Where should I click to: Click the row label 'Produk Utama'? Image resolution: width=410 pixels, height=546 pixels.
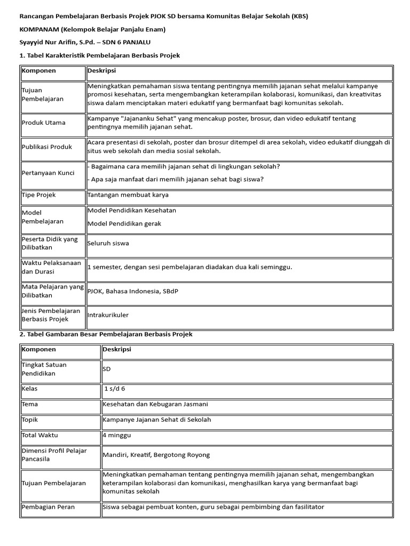coord(44,123)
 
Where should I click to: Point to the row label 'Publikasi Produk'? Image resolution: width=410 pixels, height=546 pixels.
coord(47,147)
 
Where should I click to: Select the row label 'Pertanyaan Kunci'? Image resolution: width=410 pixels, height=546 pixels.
coord(48,173)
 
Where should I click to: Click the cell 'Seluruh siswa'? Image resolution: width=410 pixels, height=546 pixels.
coord(108,243)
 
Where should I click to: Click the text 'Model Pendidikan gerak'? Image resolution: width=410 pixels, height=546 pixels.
coord(124,223)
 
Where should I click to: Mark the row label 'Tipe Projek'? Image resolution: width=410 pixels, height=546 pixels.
coord(38,195)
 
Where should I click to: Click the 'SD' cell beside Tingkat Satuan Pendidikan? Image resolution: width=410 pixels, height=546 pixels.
coord(107,369)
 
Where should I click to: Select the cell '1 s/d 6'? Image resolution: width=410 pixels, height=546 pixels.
coord(114,389)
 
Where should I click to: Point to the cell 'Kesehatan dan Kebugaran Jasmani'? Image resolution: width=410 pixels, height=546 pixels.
coord(155,404)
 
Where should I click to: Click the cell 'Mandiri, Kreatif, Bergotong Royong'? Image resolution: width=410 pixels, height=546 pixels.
coord(156,455)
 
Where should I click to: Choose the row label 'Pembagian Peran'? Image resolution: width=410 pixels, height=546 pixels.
coord(48,507)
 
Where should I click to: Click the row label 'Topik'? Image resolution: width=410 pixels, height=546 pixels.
coord(30,420)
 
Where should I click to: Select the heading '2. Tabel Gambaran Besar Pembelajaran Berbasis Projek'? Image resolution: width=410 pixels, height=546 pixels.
coord(106,334)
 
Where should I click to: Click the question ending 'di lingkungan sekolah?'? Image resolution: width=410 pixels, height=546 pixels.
coord(184,166)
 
